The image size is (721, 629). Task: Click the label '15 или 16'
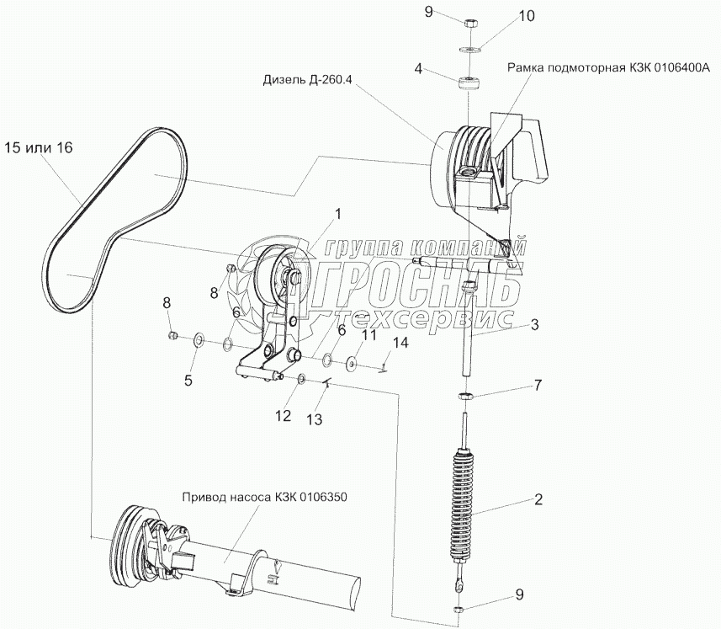click(x=39, y=148)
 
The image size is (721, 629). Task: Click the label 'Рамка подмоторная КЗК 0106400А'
click(x=609, y=68)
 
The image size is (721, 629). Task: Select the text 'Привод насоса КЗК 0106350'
click(x=264, y=498)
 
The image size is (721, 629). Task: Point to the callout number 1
click(x=338, y=214)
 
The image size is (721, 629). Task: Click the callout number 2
click(x=538, y=499)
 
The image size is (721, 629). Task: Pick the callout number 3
click(x=534, y=325)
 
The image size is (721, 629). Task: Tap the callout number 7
click(x=538, y=385)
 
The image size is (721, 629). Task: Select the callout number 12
click(x=284, y=416)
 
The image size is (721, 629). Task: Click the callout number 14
click(x=400, y=344)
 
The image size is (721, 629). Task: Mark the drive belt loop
click(x=118, y=219)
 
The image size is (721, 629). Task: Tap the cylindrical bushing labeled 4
click(x=469, y=85)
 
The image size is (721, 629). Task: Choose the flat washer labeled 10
click(x=469, y=49)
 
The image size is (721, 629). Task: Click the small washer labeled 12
click(x=302, y=379)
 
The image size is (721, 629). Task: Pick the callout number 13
click(x=315, y=419)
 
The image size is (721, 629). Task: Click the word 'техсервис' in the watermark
click(x=427, y=317)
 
